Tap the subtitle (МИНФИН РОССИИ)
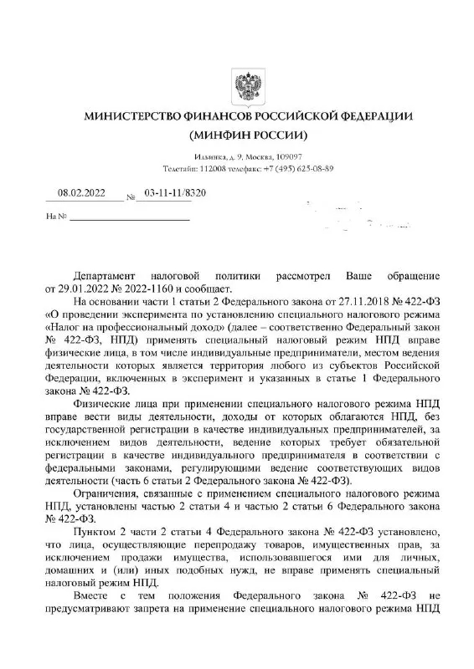click(249, 135)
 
